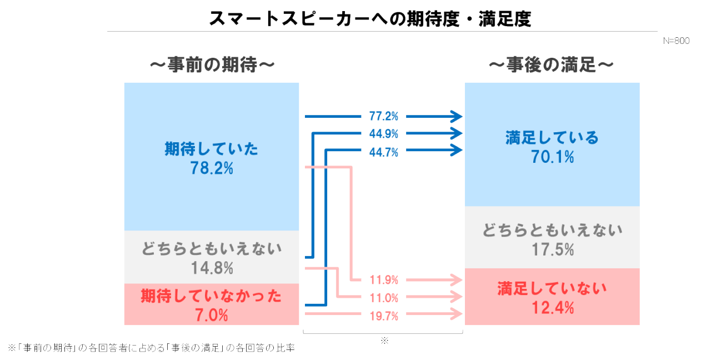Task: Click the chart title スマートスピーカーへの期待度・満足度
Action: [370, 18]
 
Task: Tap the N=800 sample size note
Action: [676, 41]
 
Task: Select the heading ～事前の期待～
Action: [212, 66]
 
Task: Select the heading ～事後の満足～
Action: [551, 66]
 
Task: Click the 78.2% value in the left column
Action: [211, 168]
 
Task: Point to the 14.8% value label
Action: [212, 268]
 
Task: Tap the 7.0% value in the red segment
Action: [211, 316]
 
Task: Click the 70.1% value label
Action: [552, 157]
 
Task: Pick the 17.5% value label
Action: [552, 250]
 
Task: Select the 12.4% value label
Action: [552, 307]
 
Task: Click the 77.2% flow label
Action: [384, 117]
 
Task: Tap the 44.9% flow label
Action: [384, 134]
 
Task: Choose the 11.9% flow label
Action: [384, 280]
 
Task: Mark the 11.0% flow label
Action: [384, 297]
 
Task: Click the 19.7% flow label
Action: [384, 316]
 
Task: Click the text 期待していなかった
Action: [211, 296]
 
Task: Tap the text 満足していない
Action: [552, 288]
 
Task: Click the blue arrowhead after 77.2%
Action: [457, 116]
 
